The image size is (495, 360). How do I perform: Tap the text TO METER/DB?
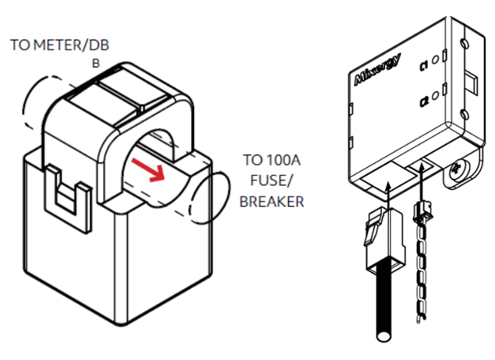click(x=60, y=46)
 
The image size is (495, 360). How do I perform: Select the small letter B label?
click(x=95, y=64)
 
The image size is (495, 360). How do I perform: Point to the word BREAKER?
click(x=272, y=201)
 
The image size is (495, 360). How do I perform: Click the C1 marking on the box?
click(x=426, y=65)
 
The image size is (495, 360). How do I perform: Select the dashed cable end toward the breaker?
click(x=207, y=197)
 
